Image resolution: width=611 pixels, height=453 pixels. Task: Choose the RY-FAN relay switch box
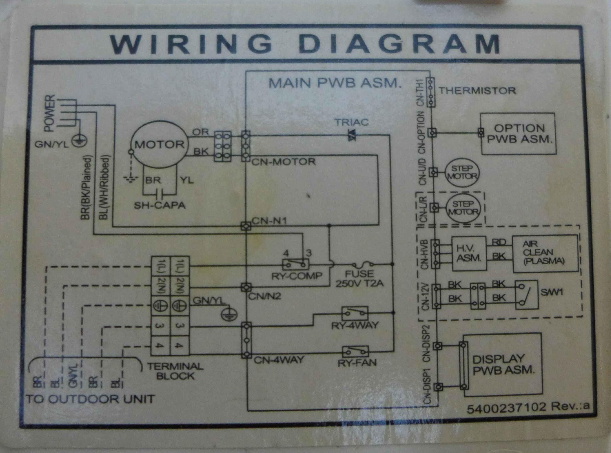point(355,352)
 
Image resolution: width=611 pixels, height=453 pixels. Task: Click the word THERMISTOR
point(478,91)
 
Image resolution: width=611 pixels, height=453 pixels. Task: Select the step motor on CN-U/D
point(462,172)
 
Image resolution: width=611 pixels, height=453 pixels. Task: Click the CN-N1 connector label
point(269,221)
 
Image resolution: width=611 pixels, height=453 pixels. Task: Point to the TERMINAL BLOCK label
point(175,371)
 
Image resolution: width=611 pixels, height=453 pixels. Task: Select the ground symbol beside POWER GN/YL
point(79,141)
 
